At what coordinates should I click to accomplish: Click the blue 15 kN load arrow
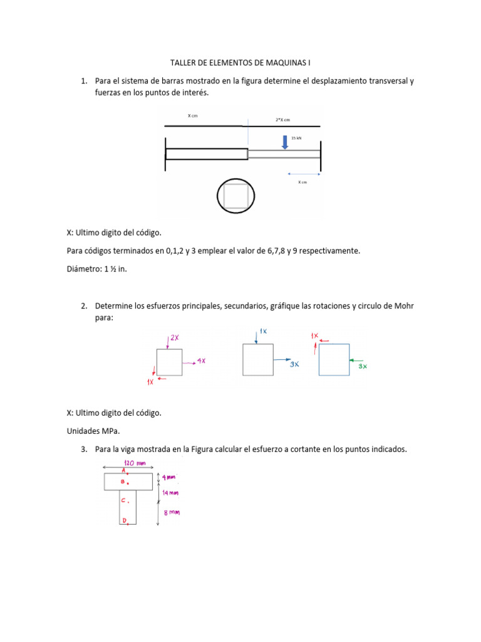click(x=285, y=142)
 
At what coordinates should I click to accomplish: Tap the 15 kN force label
click(x=296, y=138)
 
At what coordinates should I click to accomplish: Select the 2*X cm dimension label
click(x=282, y=120)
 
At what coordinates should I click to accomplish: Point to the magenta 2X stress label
click(x=175, y=338)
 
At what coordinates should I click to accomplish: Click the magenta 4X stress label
click(x=201, y=360)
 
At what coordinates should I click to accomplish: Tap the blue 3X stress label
click(x=294, y=364)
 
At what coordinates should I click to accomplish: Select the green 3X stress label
click(x=363, y=366)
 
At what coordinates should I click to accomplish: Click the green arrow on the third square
click(x=356, y=360)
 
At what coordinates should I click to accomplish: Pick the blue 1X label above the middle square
click(x=264, y=331)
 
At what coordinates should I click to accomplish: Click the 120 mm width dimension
click(x=135, y=463)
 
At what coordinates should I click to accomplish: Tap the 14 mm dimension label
click(x=170, y=493)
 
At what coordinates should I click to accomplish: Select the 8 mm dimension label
click(x=172, y=512)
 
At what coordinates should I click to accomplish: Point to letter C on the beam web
click(x=123, y=500)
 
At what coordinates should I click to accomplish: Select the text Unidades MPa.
click(x=93, y=431)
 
